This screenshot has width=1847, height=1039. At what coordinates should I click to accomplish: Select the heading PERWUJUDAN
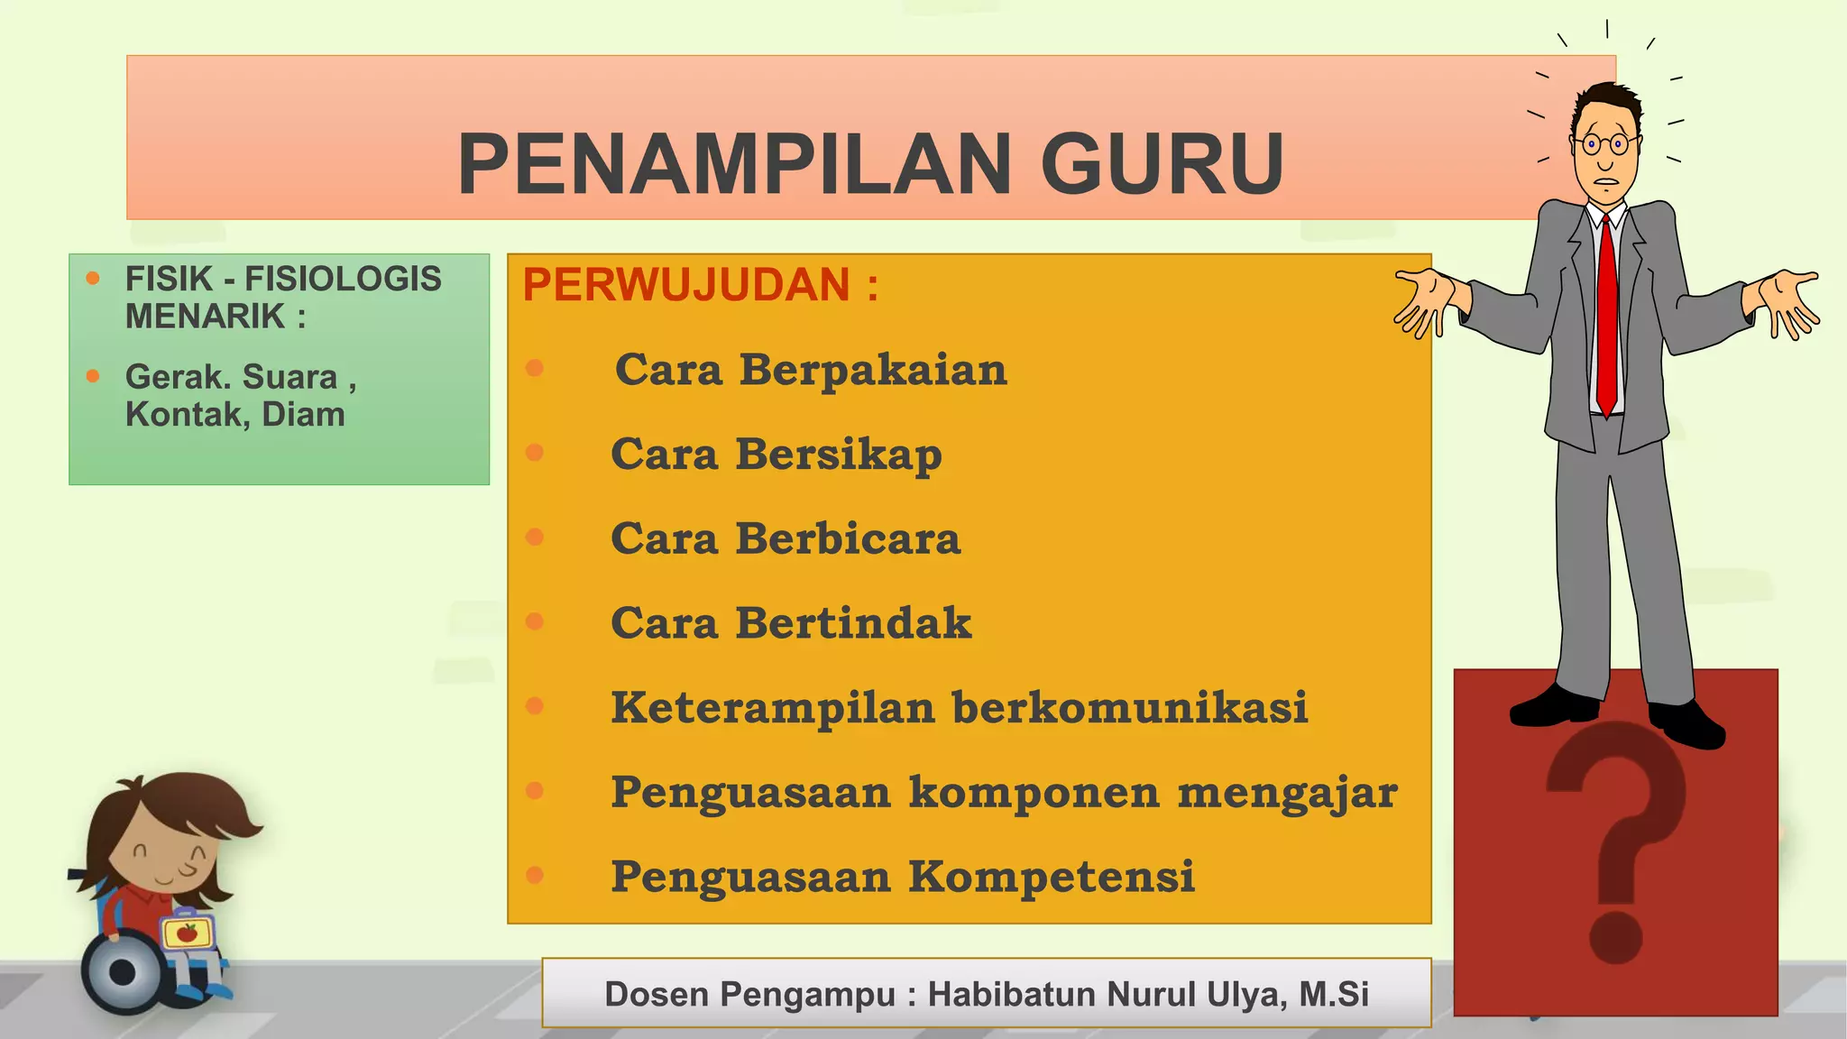[686, 285]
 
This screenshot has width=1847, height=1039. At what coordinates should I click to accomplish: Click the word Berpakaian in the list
[873, 370]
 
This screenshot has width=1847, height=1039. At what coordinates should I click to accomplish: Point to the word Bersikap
[839, 455]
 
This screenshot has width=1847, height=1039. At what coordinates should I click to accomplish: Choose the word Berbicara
[848, 538]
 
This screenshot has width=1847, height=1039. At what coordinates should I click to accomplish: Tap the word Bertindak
[853, 623]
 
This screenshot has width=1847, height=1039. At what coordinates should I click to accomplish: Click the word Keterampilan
[773, 708]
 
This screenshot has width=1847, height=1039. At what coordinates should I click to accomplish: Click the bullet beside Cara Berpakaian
[535, 368]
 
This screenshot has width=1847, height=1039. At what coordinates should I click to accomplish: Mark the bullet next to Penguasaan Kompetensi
[535, 875]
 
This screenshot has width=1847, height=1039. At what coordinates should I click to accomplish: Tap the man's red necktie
[1606, 316]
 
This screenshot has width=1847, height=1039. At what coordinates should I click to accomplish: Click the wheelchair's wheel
[123, 972]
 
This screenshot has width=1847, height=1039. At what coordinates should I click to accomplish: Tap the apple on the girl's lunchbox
[187, 932]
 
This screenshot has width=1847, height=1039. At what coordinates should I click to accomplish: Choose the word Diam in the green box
[303, 415]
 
